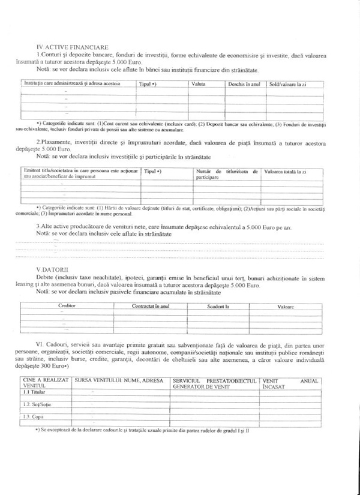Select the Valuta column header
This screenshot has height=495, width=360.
coord(199,84)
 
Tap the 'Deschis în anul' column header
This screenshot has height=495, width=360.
coord(243,84)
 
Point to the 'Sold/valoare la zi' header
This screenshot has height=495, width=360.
coord(287,84)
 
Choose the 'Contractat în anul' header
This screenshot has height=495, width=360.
coord(151,306)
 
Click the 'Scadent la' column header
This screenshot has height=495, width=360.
coord(215,306)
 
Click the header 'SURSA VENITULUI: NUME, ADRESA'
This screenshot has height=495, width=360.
coord(121,380)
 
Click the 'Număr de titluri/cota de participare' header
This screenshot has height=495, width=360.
coord(227,175)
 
